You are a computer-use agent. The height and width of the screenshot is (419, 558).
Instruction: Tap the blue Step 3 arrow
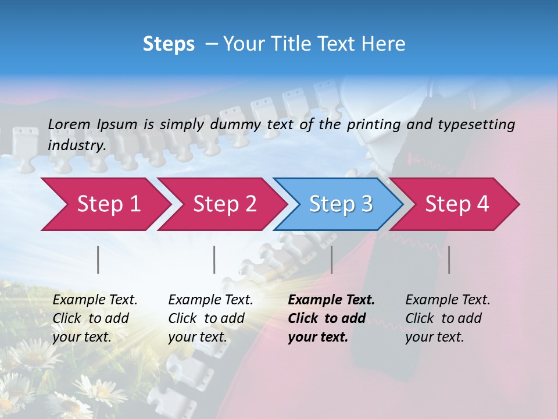click(341, 204)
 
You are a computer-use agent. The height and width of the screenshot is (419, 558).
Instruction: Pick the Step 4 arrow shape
click(457, 204)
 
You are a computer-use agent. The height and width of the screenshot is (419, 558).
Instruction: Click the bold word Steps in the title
click(169, 44)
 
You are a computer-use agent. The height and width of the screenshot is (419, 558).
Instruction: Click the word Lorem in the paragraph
click(69, 125)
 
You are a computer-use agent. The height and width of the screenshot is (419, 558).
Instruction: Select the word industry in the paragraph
click(77, 145)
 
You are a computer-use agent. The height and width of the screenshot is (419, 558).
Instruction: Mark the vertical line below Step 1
click(98, 260)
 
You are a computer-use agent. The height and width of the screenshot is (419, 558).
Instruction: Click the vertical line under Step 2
click(214, 260)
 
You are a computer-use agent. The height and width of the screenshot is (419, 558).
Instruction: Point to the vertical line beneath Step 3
click(331, 260)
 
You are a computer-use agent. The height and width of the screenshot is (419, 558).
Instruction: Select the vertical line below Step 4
click(449, 260)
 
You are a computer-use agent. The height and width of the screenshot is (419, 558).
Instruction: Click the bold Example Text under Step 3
click(331, 300)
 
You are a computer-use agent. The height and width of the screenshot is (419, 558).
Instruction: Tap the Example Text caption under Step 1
click(95, 300)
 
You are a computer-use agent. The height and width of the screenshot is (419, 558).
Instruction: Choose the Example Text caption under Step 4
click(448, 300)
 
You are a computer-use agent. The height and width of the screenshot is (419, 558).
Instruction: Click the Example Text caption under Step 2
click(210, 300)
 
